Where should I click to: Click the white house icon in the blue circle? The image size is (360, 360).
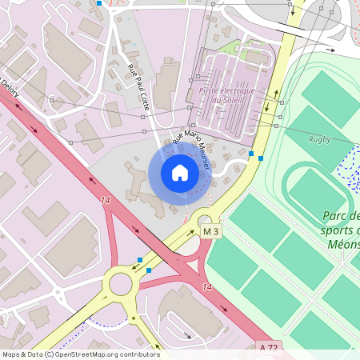[x=180, y=173]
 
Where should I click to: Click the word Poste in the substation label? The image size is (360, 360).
[x=210, y=90]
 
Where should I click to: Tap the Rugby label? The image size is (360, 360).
[x=319, y=140]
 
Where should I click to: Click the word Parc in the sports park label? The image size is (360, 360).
[x=337, y=216]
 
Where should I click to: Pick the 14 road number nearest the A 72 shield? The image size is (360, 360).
[x=206, y=286]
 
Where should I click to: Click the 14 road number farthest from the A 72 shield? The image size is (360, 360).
[x=106, y=199]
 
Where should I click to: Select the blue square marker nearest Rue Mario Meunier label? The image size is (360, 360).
[x=251, y=154]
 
